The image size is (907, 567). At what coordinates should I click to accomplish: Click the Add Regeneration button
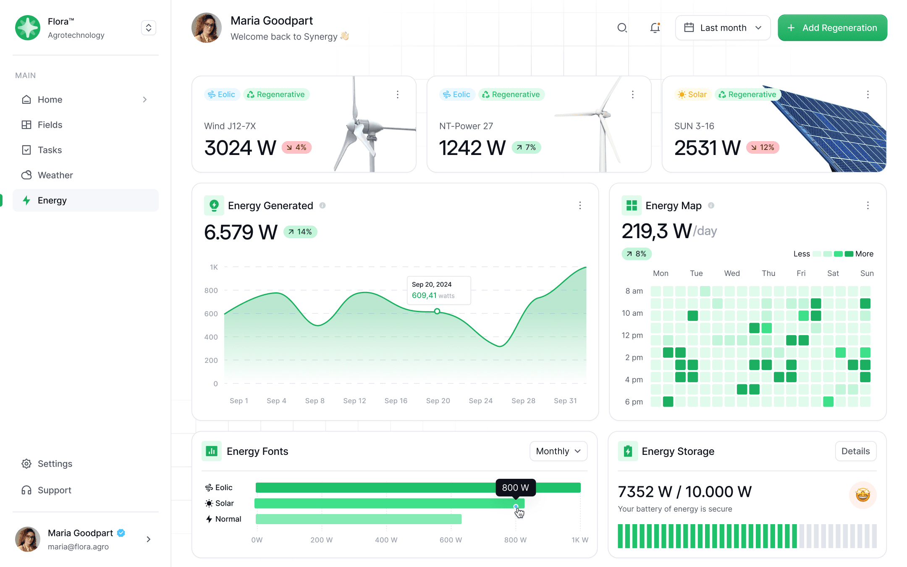pos(832,28)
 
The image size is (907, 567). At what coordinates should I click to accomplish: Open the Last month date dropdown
pos(723,28)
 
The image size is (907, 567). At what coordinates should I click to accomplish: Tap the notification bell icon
pos(655,28)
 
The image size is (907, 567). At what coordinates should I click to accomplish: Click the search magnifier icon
pos(622,28)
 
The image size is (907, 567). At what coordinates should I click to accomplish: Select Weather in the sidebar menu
pos(55,175)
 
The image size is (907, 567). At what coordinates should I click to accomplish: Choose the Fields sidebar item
pos(50,125)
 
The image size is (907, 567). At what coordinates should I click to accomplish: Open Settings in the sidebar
pos(55,464)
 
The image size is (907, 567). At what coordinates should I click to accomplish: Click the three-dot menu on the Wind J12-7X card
pos(398,94)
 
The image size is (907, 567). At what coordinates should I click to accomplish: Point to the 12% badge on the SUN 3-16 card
pos(763,147)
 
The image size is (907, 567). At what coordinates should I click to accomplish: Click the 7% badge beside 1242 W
pos(526,147)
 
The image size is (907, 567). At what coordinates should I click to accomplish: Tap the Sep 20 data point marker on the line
pos(437,311)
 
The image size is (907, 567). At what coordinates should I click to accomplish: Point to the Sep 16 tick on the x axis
pos(396,401)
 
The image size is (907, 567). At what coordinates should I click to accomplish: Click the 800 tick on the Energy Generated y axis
pos(211,290)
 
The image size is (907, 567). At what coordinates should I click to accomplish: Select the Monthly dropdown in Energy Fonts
pos(558,451)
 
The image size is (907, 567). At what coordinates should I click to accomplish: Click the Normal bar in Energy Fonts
pos(358,519)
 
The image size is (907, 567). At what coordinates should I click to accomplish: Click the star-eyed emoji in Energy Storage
pos(862,495)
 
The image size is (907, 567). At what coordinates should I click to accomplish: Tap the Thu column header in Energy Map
pos(768,273)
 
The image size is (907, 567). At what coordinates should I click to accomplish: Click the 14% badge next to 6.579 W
pos(300,232)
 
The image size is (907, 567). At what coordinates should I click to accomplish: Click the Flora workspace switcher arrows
pos(149,28)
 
